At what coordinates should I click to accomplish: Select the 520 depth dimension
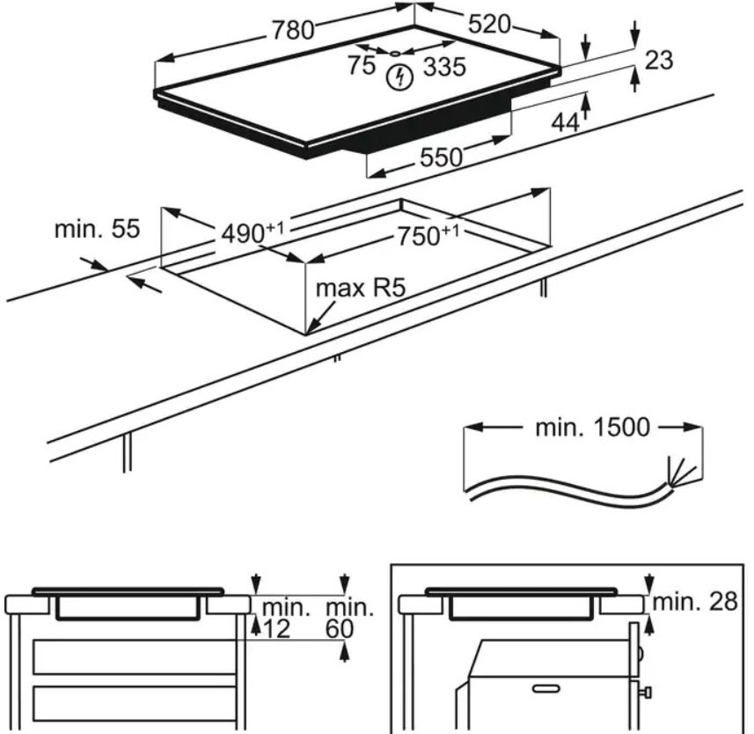(x=488, y=25)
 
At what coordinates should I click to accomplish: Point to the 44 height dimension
(x=565, y=122)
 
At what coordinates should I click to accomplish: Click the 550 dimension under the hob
(x=441, y=158)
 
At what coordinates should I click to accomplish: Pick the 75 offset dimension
(x=361, y=66)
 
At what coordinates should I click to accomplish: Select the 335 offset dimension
(x=444, y=67)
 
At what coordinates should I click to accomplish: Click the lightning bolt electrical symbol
(x=400, y=77)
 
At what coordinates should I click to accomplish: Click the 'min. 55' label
(x=97, y=230)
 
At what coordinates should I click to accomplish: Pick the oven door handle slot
(x=546, y=686)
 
